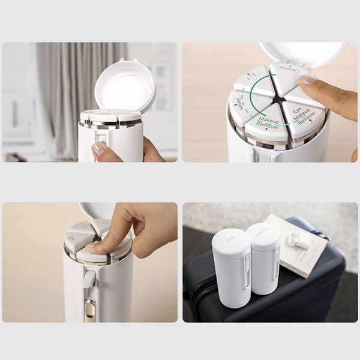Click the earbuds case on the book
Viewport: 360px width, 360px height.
click(x=300, y=240)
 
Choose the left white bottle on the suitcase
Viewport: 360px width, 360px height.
click(x=231, y=267)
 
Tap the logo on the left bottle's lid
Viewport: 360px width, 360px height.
click(x=231, y=238)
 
